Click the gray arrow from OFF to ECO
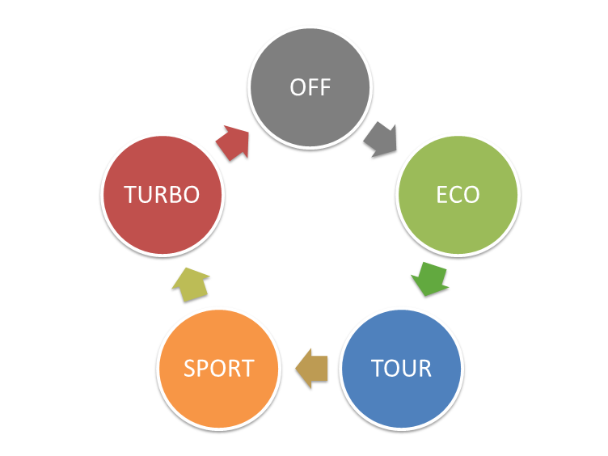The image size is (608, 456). [380, 140]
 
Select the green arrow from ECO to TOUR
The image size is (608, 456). [429, 279]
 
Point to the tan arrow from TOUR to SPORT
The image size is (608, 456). [311, 369]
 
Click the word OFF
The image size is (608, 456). [310, 87]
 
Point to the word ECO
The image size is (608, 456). [458, 195]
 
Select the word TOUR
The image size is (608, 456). [402, 369]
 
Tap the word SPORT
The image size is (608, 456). [219, 369]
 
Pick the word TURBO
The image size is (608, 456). [162, 195]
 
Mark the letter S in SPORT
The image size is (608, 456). [190, 369]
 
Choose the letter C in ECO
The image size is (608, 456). [458, 195]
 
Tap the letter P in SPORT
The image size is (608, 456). [203, 369]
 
